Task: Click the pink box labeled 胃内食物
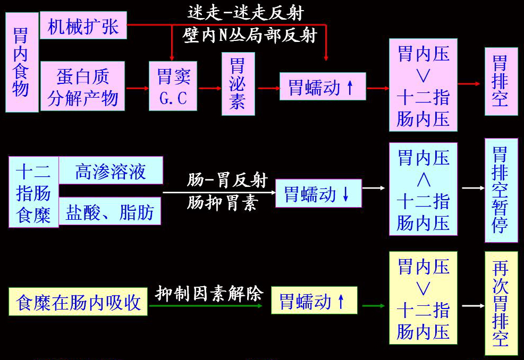[x=22, y=62]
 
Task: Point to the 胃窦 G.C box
[x=173, y=86]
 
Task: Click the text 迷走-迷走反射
[x=246, y=13]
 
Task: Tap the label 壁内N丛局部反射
[x=249, y=35]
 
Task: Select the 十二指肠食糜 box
[x=33, y=192]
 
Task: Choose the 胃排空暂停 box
[x=501, y=190]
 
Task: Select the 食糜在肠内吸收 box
[x=78, y=302]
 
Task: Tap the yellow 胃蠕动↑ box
[x=314, y=301]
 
